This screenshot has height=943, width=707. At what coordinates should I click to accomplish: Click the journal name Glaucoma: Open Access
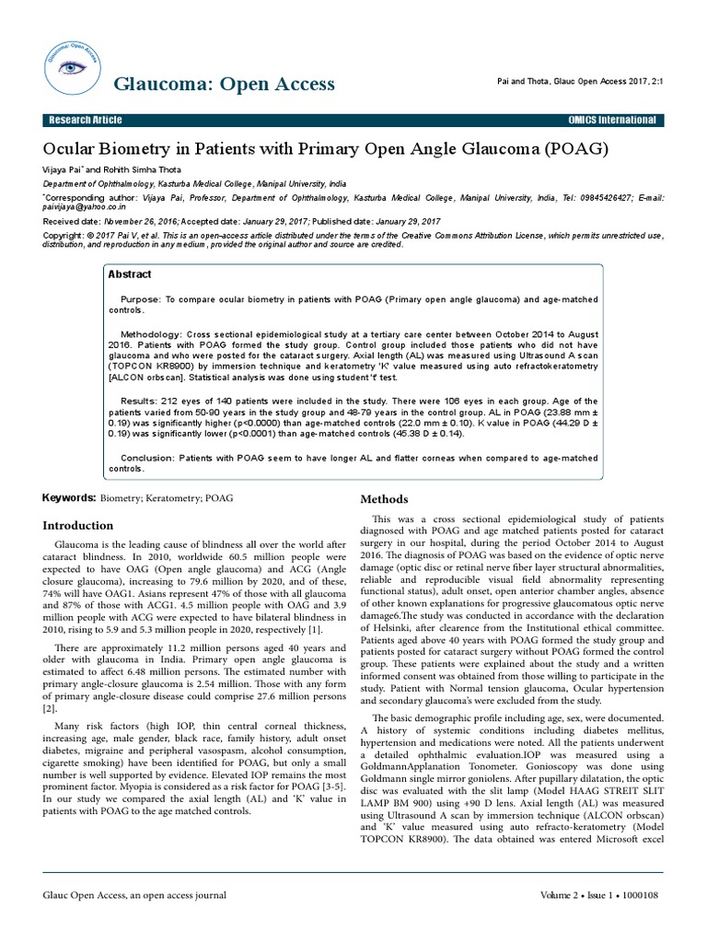coord(224,85)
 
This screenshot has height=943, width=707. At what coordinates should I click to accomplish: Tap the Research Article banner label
coord(85,121)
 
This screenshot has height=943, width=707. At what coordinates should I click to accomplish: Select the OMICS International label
coord(613,121)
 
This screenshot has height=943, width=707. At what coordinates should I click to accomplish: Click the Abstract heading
coord(131,274)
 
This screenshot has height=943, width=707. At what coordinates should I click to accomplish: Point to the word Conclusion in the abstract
coord(146,458)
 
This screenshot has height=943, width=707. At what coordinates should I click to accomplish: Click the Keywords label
coord(68,498)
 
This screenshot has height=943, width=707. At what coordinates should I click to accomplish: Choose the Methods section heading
coord(383,499)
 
